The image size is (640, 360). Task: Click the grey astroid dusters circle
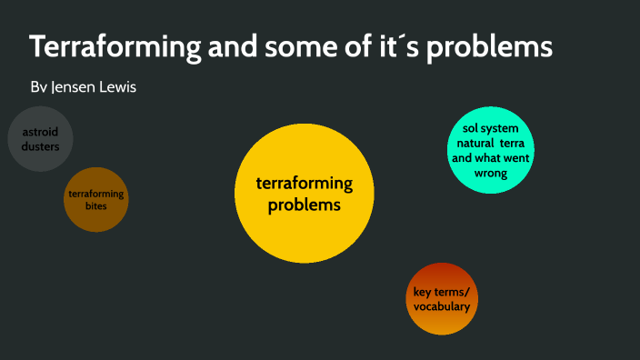[40, 139]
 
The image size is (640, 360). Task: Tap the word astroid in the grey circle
[40, 132]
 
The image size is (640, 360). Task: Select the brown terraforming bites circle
[95, 199]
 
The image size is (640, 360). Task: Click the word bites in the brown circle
[95, 206]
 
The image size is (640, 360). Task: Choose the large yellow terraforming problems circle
[304, 195]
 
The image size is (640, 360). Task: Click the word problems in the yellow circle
[304, 205]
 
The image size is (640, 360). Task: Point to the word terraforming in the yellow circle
[304, 185]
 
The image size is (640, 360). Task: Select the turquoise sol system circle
[491, 151]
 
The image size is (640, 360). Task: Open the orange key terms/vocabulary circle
[442, 299]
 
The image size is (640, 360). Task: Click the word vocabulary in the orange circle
[442, 307]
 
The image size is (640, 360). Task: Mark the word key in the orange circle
[423, 292]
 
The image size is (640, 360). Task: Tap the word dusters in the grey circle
[40, 145]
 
